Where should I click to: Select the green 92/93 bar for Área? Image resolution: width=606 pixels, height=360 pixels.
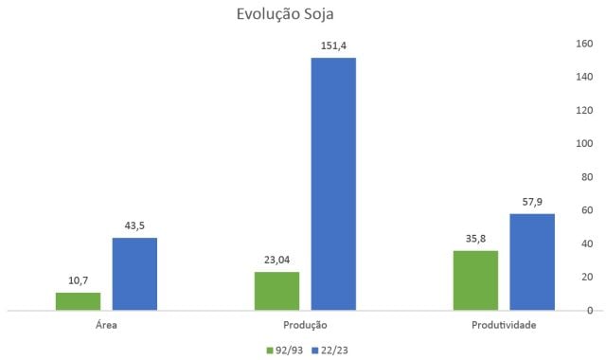[x=78, y=300]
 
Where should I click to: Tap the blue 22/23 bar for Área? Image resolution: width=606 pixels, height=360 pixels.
[x=134, y=274]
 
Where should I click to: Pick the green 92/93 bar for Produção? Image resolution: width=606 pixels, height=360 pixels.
[x=276, y=290]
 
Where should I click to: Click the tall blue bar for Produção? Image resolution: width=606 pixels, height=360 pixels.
[x=333, y=184]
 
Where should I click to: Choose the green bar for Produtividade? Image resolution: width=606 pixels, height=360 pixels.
[x=475, y=279]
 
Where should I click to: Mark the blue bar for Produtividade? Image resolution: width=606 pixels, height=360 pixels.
[x=532, y=261]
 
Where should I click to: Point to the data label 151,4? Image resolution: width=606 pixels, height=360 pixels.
[x=333, y=45]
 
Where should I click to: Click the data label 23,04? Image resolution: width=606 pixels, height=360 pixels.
[x=276, y=259]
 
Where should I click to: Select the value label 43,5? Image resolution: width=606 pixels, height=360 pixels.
[x=134, y=225]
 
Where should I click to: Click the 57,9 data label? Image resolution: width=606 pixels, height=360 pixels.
[x=532, y=201]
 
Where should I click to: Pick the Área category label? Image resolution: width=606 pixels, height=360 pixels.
[x=106, y=325]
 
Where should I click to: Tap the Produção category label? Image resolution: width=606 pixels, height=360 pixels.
[x=305, y=325]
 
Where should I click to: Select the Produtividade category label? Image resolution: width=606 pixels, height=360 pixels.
[x=504, y=325]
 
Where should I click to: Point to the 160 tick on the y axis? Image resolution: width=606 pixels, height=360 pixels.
[x=584, y=44]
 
